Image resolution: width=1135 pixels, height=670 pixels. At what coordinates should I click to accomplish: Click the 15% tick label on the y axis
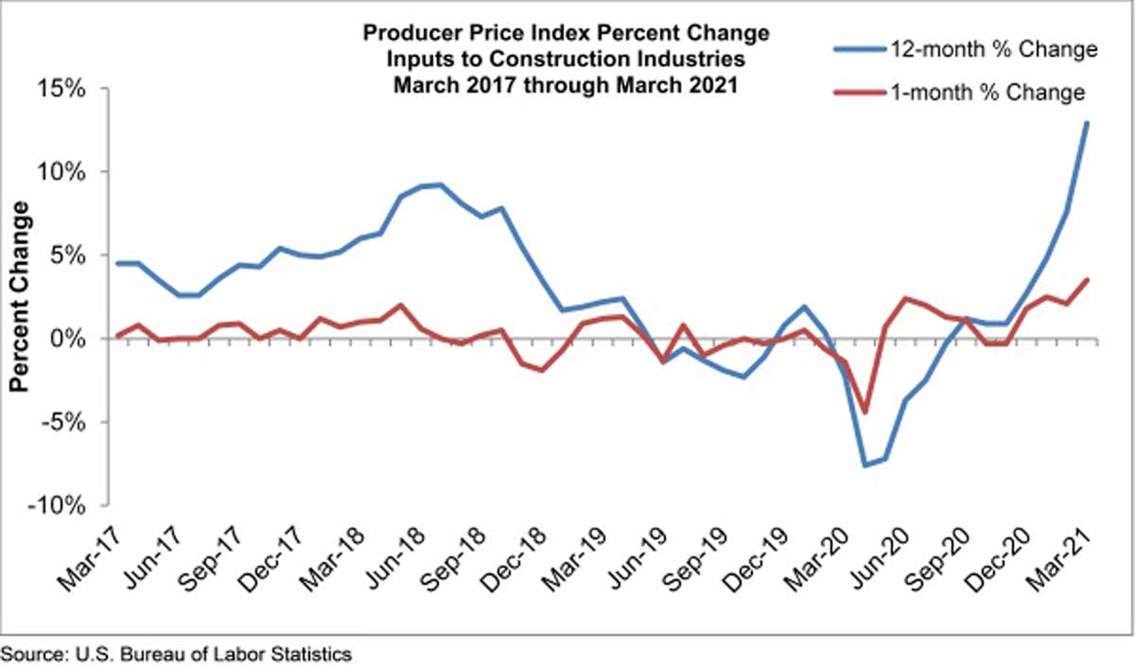pyautogui.click(x=61, y=89)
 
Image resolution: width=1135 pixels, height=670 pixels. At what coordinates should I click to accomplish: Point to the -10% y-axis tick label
pyautogui.click(x=58, y=505)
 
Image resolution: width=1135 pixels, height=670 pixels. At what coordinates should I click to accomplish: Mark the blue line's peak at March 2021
pyautogui.click(x=1087, y=123)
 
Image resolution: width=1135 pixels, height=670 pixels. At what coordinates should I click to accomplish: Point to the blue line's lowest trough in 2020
pyautogui.click(x=865, y=465)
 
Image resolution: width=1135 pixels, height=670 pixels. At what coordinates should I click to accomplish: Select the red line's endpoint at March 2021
pyautogui.click(x=1087, y=280)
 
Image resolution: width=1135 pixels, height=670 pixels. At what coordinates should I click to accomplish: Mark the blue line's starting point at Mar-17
pyautogui.click(x=118, y=263)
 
